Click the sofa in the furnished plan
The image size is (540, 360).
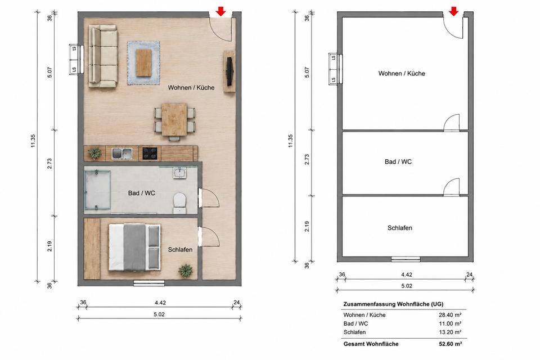click(x=103, y=56)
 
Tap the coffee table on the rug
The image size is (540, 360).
click(x=143, y=62)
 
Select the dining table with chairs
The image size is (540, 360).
click(x=174, y=120)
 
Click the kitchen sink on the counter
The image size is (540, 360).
click(x=122, y=154)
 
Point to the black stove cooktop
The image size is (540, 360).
click(x=150, y=154)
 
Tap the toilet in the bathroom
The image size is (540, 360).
click(x=179, y=201)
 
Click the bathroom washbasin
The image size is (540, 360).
click(x=179, y=173)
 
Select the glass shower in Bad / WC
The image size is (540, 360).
click(x=97, y=190)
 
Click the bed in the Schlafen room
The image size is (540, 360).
click(x=134, y=247)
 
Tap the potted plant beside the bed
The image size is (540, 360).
click(x=186, y=271)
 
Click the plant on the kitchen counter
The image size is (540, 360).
click(x=94, y=154)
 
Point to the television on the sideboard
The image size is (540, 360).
click(x=229, y=71)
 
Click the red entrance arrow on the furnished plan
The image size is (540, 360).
click(x=220, y=11)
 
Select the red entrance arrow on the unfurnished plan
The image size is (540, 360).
click(x=454, y=11)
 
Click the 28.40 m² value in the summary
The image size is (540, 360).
click(x=450, y=315)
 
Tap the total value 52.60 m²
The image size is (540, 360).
click(x=450, y=344)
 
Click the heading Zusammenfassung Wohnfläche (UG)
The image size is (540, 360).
click(x=393, y=304)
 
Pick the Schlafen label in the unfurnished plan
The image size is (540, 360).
click(x=399, y=228)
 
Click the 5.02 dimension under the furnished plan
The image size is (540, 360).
click(x=159, y=314)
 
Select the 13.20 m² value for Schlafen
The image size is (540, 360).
click(x=450, y=332)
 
